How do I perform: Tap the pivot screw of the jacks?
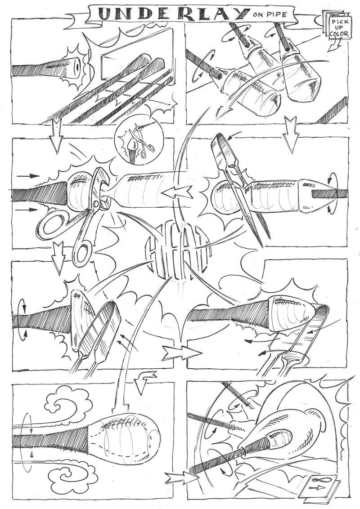[95, 204]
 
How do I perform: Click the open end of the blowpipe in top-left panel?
[77, 66]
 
